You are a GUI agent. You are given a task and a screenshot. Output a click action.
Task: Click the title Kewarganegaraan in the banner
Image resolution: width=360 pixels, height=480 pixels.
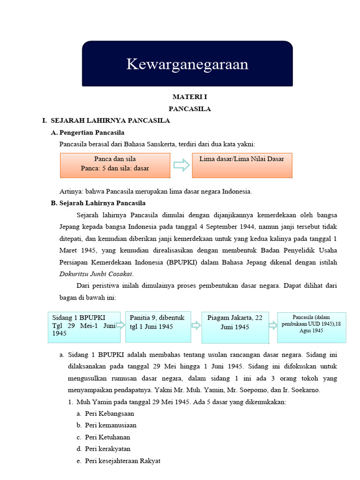click(x=187, y=64)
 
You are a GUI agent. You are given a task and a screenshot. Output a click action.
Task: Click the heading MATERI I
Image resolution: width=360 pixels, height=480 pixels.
click(x=189, y=97)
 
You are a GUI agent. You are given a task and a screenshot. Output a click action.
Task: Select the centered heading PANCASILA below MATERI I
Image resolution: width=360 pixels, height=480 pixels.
click(x=189, y=109)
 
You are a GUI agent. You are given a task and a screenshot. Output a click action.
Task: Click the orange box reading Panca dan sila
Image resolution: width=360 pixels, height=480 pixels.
click(x=115, y=165)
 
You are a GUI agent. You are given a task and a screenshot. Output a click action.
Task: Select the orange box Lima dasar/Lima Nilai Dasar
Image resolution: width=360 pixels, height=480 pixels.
click(x=242, y=165)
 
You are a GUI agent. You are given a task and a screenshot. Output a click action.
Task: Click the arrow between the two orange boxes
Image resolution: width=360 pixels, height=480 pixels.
click(x=181, y=165)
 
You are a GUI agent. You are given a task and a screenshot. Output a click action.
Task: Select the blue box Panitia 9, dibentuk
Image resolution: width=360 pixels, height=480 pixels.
click(x=157, y=326)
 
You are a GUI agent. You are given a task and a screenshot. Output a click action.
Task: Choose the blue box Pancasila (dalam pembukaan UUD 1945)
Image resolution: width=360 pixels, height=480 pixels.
click(x=312, y=327)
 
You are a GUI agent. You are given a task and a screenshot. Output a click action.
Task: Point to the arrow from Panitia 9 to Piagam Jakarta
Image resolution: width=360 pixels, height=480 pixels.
click(x=196, y=326)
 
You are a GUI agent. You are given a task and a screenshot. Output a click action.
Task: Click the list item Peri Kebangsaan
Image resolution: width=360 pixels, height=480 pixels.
click(x=109, y=413)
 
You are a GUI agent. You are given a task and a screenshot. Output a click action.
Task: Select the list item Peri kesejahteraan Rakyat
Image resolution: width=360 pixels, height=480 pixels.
click(x=122, y=461)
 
